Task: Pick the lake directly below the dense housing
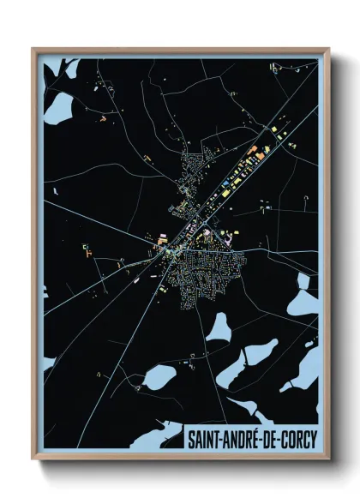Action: tap(219, 327)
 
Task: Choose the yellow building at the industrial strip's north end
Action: tap(273, 129)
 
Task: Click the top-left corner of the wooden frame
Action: tap(34, 50)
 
